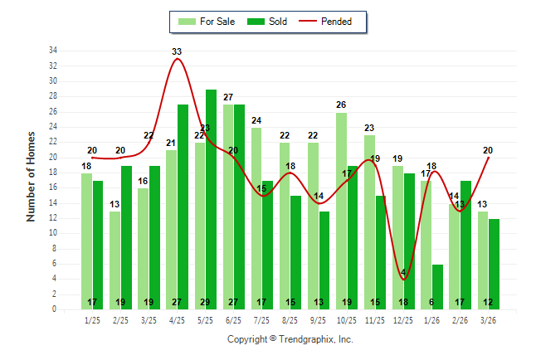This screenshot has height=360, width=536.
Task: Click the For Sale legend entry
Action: coord(207,22)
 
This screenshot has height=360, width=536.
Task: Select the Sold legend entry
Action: coord(266,22)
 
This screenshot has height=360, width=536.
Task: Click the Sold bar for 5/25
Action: coord(212,199)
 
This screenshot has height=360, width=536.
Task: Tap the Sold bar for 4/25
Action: coord(183,207)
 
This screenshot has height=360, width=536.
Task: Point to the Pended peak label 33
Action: coord(177,51)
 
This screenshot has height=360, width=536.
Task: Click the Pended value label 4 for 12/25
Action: coord(403,273)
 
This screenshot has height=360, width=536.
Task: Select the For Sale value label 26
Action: coord(341,105)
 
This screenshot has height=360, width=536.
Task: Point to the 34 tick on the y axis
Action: coord(52,51)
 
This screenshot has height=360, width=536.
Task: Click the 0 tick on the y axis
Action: coord(55,309)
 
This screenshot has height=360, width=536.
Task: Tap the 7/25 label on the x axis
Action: coord(262,319)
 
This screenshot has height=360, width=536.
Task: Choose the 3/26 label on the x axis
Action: coord(488,319)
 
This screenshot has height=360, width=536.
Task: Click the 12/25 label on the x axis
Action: coord(403,319)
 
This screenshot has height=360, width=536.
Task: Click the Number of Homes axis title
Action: coord(32,176)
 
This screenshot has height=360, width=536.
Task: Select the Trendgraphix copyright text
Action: coord(290,339)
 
